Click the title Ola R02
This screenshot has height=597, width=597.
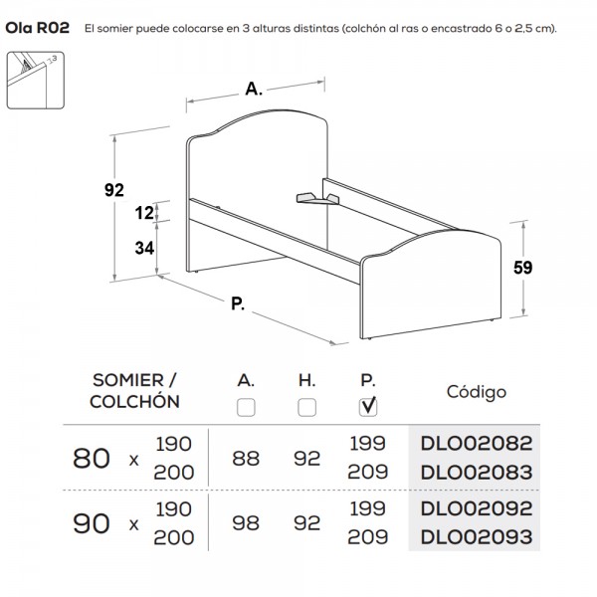pos(38,28)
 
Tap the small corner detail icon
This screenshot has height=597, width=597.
pos(36,81)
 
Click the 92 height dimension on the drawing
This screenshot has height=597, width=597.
pos(114,190)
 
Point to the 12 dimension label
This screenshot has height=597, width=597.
pos(144,213)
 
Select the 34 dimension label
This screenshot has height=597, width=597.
pos(144,248)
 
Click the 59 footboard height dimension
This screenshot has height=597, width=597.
pos(522,268)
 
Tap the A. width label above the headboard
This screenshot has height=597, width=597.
pos(254,89)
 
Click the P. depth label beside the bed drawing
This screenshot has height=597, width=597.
pos(238,303)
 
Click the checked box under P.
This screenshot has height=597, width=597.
pos(368,407)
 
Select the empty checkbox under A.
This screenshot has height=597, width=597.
pos(246,407)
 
